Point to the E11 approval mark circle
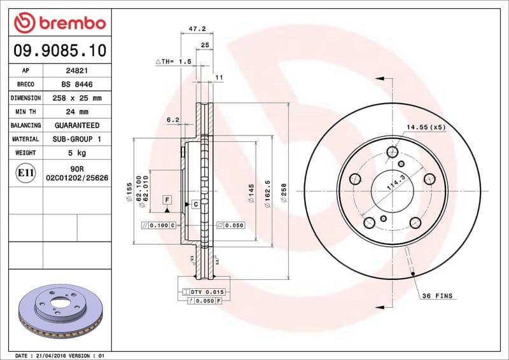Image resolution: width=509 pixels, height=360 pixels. (x=26, y=172)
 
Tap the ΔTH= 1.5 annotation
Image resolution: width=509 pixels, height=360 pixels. (x=174, y=62)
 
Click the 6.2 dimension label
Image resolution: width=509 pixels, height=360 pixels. (x=173, y=120)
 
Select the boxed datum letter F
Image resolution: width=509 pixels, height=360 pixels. (x=167, y=200)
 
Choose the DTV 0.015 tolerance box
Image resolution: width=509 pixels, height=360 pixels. (x=204, y=291)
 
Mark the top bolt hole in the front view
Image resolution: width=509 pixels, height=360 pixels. (x=392, y=152)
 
